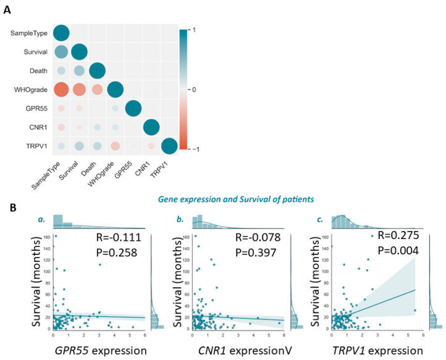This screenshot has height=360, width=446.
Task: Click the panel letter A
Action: click(10, 9)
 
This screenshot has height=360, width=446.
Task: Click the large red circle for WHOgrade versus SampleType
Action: click(61, 90)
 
